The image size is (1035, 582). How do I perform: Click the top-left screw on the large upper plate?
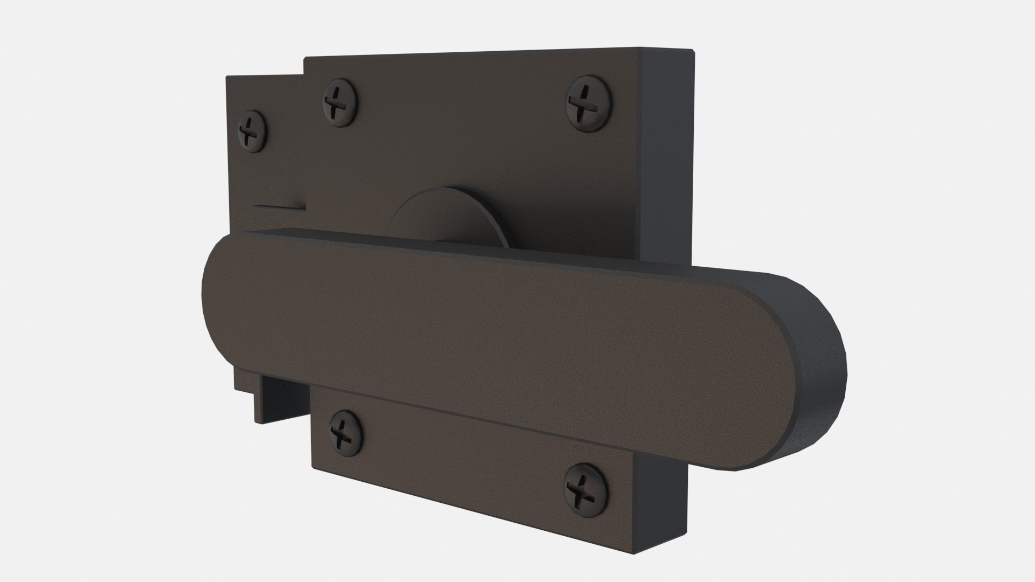tap(339, 102)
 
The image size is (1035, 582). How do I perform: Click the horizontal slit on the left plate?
tap(280, 206)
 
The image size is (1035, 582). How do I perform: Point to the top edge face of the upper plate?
tap(485, 54)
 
